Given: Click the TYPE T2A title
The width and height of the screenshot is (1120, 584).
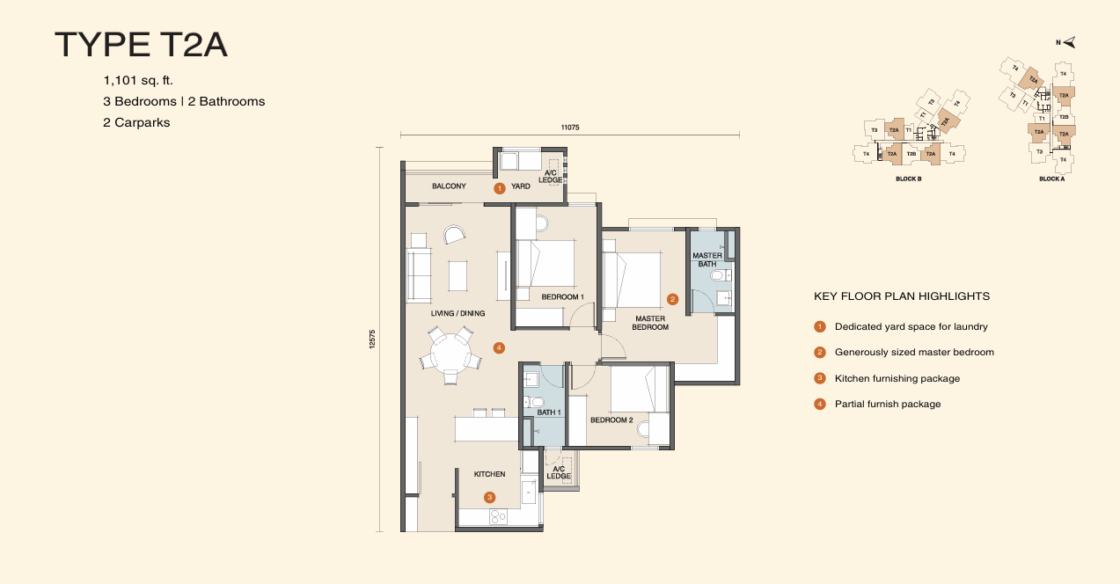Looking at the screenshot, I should coord(142,45).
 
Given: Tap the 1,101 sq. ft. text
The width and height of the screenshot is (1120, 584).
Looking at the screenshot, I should coord(138,80).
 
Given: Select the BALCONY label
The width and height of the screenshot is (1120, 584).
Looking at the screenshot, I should coord(449,186).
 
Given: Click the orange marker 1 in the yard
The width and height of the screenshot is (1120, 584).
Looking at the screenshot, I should coord(498,187).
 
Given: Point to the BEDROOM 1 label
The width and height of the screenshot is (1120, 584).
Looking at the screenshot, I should coord(561,297).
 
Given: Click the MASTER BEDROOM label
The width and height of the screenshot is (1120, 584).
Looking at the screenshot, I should coord(650,323).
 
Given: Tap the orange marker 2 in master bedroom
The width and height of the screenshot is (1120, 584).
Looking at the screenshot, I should coord(673,299).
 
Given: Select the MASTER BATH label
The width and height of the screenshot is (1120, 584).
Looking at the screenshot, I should coord(707,260).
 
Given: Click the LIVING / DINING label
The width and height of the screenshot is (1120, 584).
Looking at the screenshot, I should coord(458,313).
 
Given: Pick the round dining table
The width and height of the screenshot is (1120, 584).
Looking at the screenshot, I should coord(450,353).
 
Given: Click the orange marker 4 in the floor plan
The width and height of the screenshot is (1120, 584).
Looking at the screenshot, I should coord(499,347).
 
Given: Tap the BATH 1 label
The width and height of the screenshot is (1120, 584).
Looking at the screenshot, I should coord(548,412).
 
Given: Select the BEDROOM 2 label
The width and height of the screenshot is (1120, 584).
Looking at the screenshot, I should coord(611,420).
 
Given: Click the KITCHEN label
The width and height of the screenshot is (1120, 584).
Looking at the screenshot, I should coord(489,474).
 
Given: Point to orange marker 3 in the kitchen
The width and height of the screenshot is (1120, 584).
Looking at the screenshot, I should coord(490,497).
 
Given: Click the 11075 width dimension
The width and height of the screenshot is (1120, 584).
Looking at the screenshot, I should coord(570,128).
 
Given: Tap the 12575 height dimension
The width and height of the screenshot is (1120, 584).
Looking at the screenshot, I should coord(372,339).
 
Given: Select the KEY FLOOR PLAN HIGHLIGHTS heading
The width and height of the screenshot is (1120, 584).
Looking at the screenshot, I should coord(902,296).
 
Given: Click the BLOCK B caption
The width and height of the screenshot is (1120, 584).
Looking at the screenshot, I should coord(907,179).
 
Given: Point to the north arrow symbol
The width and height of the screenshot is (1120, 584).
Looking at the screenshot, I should coord(1069,42).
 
